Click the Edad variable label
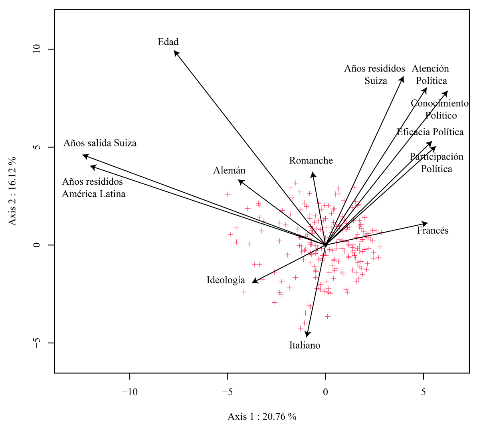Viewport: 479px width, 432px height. click(x=168, y=42)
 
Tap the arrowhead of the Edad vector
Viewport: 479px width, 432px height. click(x=175, y=51)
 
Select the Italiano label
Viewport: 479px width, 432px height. click(x=305, y=345)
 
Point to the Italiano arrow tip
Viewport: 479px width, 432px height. click(x=307, y=336)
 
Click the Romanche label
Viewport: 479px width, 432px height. click(x=311, y=161)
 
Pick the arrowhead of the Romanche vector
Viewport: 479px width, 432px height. click(x=313, y=172)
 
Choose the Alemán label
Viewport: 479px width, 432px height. click(x=229, y=171)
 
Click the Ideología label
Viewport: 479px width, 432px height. click(x=226, y=280)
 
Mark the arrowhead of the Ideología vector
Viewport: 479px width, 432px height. click(x=253, y=282)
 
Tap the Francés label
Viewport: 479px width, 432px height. click(x=433, y=231)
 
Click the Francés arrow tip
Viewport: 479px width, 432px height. click(x=428, y=223)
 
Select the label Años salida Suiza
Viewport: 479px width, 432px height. click(x=100, y=143)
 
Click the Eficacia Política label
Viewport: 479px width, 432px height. click(x=430, y=132)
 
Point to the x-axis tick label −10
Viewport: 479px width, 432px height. click(x=129, y=392)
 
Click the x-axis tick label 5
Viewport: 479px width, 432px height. click(x=424, y=392)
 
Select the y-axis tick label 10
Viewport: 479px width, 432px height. click(x=36, y=49)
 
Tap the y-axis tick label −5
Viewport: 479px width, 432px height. click(x=36, y=343)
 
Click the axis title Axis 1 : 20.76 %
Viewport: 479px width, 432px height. click(x=262, y=417)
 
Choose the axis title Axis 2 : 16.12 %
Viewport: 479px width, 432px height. click(x=13, y=191)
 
